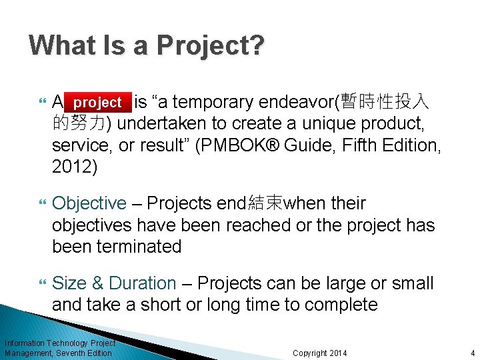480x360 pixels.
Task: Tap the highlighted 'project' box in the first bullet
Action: [97, 103]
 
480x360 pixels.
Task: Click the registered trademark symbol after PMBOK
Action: [275, 144]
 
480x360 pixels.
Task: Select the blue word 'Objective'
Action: [89, 203]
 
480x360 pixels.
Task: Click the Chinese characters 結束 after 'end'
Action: [265, 203]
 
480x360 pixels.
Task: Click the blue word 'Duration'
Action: [142, 283]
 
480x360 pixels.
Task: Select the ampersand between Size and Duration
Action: [97, 283]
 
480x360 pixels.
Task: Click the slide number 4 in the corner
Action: [472, 353]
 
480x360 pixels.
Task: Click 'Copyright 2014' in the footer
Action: [320, 353]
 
